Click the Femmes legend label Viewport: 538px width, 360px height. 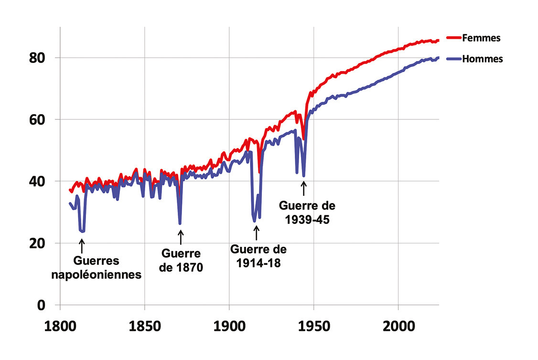click(x=481, y=38)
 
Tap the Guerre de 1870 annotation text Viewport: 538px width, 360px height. click(x=181, y=260)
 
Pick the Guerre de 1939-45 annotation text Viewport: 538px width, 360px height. click(x=307, y=213)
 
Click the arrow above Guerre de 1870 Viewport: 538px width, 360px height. click(x=181, y=237)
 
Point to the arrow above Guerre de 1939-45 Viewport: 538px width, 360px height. click(x=303, y=188)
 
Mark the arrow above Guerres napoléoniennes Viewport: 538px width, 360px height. click(x=82, y=245)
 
